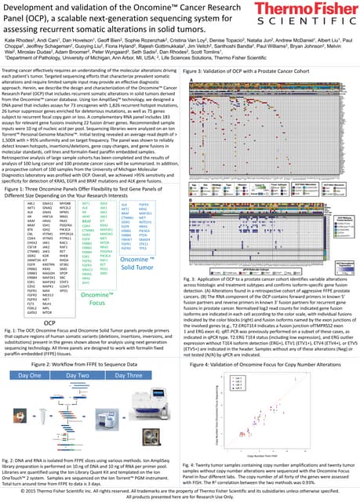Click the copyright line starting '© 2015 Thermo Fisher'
tap(180, 492)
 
